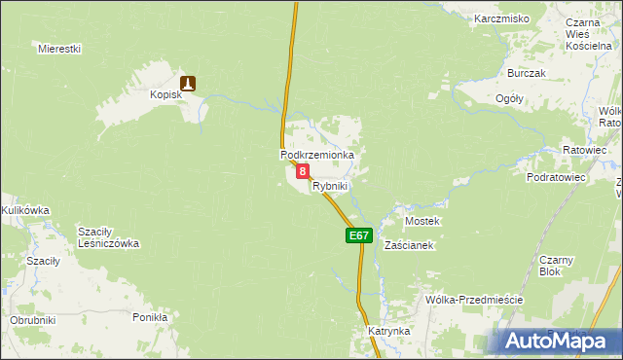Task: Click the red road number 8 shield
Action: pos(303,171)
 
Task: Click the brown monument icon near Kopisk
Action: pos(189,84)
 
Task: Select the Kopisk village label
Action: pos(167,95)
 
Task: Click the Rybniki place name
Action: pos(330,185)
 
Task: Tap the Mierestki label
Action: pos(58,48)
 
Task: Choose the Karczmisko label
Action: pos(501,18)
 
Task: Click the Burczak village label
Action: pos(527,73)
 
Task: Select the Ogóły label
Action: pos(510,98)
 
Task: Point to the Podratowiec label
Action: pos(556,178)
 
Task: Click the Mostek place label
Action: pos(422,221)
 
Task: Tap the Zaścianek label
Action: pos(409,245)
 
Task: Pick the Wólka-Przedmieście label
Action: pos(474,300)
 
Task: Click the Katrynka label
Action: pos(389,331)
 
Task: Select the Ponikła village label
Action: pos(150,317)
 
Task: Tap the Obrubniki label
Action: pos(33,320)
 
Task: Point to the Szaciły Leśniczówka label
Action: pos(109,236)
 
